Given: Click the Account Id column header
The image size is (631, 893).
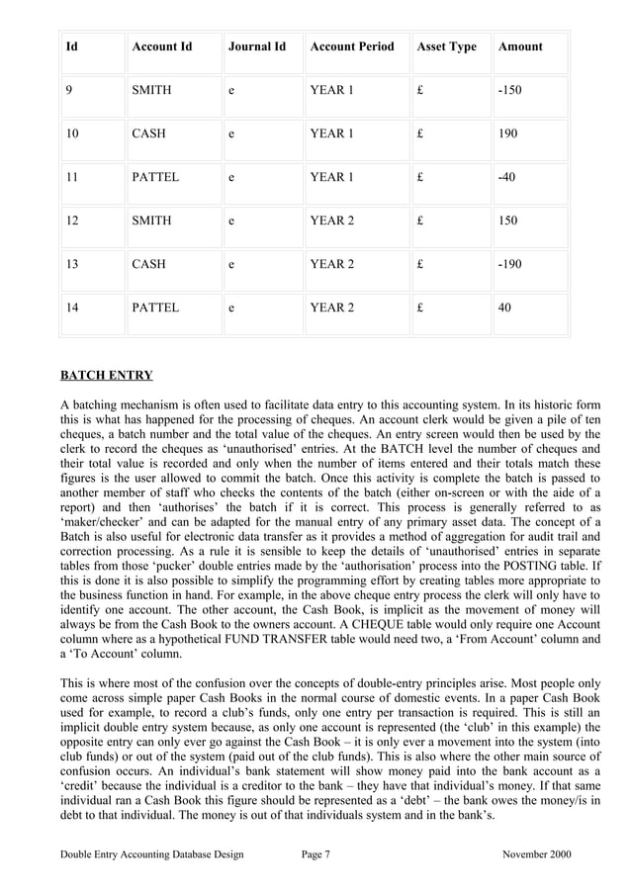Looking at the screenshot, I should [x=161, y=46].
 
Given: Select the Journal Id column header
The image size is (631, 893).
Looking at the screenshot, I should [x=256, y=46].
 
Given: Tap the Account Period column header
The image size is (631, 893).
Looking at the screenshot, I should [x=351, y=46].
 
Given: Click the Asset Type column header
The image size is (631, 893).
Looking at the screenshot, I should [x=446, y=46].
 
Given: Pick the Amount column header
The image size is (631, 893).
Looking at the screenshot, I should [x=520, y=46].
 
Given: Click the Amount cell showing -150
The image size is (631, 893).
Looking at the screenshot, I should [x=510, y=90].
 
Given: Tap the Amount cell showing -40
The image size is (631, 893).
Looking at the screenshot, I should [x=507, y=177].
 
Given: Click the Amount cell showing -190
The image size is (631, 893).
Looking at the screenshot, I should [x=510, y=264].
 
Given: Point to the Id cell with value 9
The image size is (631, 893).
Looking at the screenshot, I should [x=69, y=90].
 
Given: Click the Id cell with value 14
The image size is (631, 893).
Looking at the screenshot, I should [x=72, y=308].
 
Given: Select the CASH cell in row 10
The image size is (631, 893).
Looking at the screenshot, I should [x=148, y=134].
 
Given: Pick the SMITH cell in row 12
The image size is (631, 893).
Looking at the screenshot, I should [x=151, y=221].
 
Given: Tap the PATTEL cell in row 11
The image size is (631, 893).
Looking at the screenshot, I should [x=155, y=177].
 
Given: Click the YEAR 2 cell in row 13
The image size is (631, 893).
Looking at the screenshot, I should [x=331, y=264].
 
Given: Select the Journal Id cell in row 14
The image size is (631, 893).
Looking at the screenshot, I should [x=231, y=308].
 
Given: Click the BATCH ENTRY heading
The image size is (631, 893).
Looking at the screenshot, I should [x=107, y=376].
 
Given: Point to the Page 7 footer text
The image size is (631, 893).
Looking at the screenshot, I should [x=315, y=853].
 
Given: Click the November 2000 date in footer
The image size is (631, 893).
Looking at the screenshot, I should [x=536, y=853].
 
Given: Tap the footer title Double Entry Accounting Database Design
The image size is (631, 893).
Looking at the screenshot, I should [x=151, y=853].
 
